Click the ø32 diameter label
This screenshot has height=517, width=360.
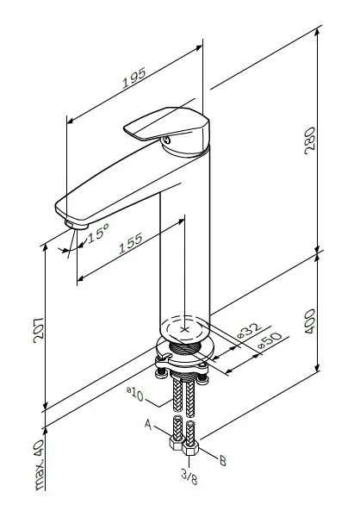pyautogui.click(x=251, y=328)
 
